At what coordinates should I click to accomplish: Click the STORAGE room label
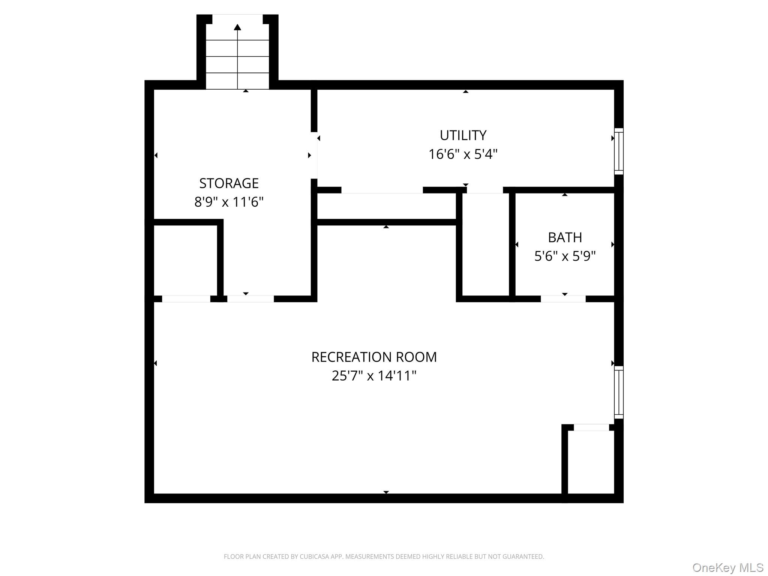point(229,183)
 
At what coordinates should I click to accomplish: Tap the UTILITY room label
point(463,135)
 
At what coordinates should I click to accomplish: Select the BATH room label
point(565,237)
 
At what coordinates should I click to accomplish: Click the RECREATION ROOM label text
point(374,357)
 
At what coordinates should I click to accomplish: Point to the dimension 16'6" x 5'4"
point(463,154)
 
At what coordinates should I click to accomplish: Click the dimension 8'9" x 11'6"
point(229,202)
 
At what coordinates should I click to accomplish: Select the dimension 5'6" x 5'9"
point(565,256)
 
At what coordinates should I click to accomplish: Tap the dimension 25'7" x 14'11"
point(374,376)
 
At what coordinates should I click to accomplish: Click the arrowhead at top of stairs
point(237,27)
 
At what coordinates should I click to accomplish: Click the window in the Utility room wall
point(618,151)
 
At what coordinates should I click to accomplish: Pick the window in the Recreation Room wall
point(618,392)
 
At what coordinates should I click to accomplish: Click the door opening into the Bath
point(563,299)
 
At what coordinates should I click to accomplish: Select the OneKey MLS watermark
point(727,567)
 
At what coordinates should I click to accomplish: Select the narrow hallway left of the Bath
point(485,244)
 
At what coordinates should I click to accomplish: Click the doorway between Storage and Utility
point(314,155)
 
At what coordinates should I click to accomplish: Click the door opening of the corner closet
point(591,427)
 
